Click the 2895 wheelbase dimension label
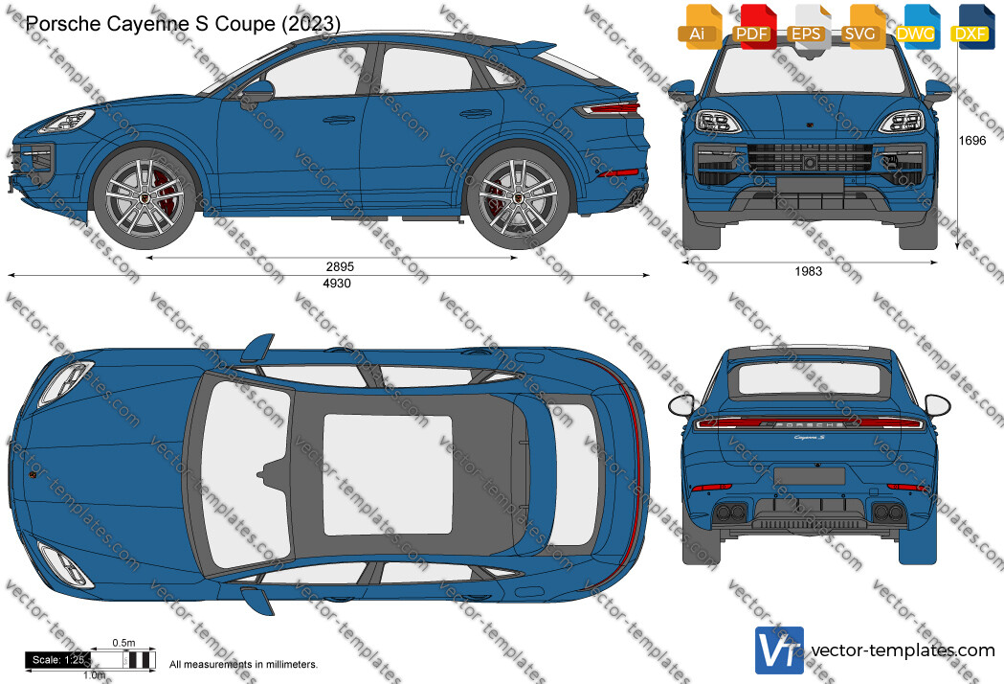[x=340, y=266]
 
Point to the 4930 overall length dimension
[x=337, y=284]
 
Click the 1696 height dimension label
[x=972, y=141]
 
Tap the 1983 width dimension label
[x=808, y=271]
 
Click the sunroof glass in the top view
[x=388, y=474]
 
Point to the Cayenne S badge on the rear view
[x=810, y=438]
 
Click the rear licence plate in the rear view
[x=809, y=476]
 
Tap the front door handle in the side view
[x=340, y=120]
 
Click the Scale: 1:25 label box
[x=57, y=660]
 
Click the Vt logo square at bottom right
[x=779, y=650]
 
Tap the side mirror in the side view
[x=257, y=93]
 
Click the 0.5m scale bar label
[x=123, y=643]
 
